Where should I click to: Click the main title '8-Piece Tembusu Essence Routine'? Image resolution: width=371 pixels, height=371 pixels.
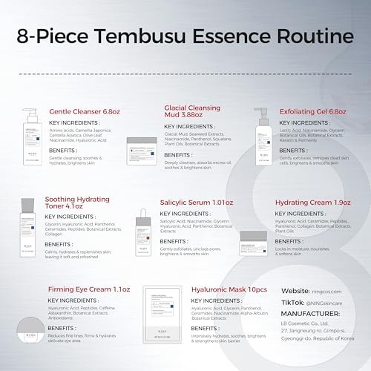[x=185, y=35]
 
